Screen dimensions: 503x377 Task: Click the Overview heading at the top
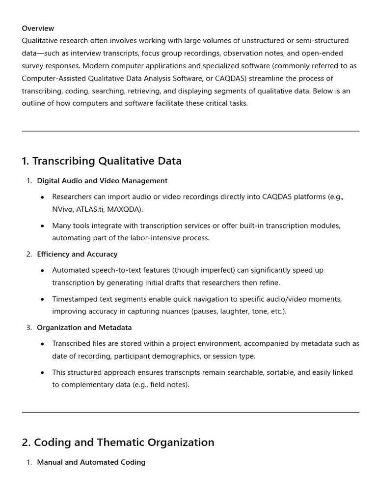point(38,28)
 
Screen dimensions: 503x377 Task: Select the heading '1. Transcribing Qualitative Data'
point(102,161)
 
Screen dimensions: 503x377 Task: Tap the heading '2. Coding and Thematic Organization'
point(118,443)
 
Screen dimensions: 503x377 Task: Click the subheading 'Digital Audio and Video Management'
point(102,181)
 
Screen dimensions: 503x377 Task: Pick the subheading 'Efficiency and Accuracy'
point(77,254)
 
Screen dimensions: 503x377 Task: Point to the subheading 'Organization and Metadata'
point(84,328)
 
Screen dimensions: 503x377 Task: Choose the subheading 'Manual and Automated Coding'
point(91,462)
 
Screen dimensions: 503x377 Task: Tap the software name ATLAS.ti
point(91,209)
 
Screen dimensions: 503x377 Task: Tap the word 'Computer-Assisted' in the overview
point(52,79)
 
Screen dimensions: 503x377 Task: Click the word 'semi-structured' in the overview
point(322,41)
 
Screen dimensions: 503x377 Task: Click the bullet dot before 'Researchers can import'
point(42,197)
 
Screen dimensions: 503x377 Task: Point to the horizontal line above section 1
point(190,131)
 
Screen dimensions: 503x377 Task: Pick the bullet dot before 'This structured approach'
point(42,373)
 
